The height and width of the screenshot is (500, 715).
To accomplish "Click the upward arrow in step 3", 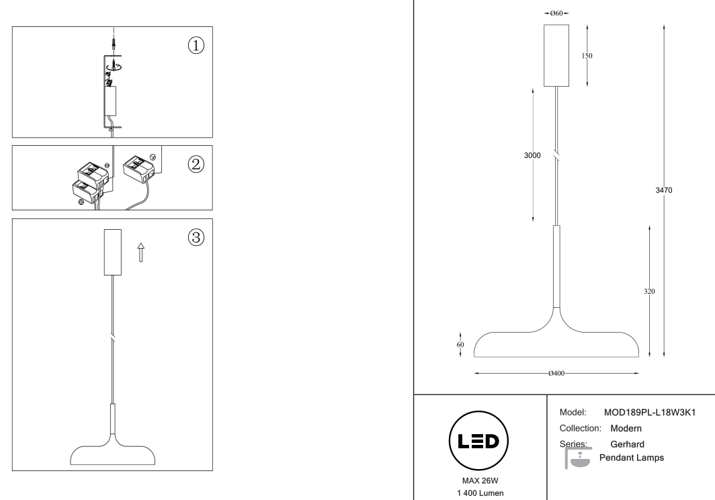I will point(140,253).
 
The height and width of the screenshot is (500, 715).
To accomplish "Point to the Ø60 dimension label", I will point(556,13).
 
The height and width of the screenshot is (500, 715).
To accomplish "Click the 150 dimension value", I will point(587,56).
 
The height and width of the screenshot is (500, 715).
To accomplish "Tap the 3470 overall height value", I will point(664,190).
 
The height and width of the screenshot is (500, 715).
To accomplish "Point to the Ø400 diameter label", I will point(556,372).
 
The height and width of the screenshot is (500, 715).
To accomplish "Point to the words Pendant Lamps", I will point(631,458).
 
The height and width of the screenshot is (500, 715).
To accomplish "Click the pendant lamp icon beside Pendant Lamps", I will point(579,458).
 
